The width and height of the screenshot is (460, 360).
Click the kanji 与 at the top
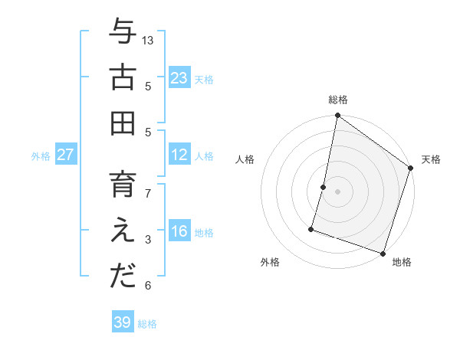tap(123, 33)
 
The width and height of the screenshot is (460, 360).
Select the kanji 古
tap(123, 78)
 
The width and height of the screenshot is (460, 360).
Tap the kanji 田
tap(123, 123)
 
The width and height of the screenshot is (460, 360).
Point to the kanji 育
tap(123, 186)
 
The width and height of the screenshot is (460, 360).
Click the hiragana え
tap(123, 231)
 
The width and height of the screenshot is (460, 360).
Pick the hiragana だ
tap(123, 277)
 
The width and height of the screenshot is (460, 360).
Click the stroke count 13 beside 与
tap(148, 40)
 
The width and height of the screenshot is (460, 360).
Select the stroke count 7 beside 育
tap(148, 193)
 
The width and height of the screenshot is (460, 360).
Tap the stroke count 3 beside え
tap(148, 240)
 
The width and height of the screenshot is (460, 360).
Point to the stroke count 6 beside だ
tap(148, 286)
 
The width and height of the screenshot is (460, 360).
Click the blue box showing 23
tap(179, 78)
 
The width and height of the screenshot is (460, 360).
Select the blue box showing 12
tap(179, 155)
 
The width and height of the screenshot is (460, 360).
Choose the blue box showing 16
tap(179, 232)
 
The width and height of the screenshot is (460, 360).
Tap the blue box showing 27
tap(65, 155)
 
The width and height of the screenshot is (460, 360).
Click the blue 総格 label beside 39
tap(148, 324)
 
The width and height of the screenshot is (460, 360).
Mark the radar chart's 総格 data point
tap(337, 116)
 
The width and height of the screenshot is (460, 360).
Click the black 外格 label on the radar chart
tap(270, 262)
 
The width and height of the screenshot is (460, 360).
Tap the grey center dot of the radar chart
tap(337, 191)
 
